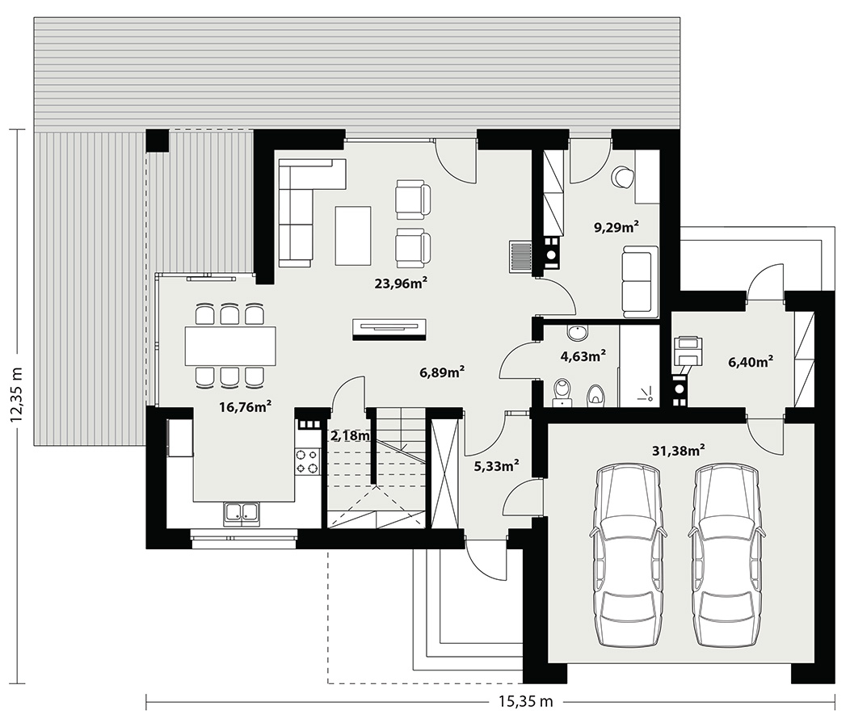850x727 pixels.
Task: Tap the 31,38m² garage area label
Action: click(678, 450)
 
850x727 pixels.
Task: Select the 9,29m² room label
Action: click(616, 227)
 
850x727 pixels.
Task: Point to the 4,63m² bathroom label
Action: click(583, 356)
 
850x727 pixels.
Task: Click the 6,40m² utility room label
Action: click(751, 362)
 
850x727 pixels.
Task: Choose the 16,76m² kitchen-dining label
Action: click(245, 406)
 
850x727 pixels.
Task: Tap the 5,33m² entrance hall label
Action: click(497, 466)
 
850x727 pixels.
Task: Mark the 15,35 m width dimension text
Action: click(526, 701)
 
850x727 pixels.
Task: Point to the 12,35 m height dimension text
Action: click(16, 393)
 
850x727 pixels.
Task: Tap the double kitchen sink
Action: click(241, 514)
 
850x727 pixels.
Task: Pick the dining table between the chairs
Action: click(229, 346)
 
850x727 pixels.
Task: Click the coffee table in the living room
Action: click(353, 235)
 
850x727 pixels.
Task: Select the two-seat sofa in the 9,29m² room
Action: click(640, 281)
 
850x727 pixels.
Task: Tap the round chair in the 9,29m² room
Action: click(622, 176)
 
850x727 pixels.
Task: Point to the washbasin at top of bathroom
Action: click(578, 332)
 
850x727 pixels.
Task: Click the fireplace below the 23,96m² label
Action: click(389, 330)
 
